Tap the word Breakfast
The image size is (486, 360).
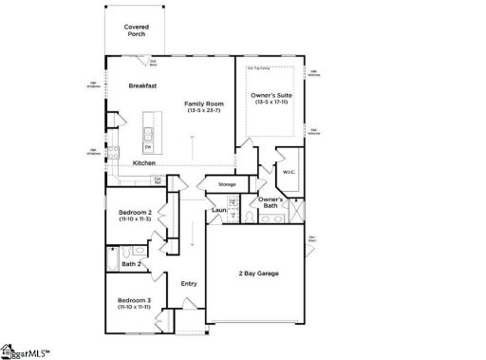pyautogui.click(x=142, y=86)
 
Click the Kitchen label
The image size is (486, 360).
pyautogui.click(x=143, y=163)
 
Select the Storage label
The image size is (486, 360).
pyautogui.click(x=227, y=184)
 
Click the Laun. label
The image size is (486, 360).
pyautogui.click(x=219, y=210)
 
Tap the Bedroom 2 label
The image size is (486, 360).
pyautogui.click(x=136, y=212)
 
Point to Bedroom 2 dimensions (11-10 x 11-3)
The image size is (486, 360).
pyautogui.click(x=136, y=219)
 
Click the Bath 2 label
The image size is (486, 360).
pyautogui.click(x=131, y=264)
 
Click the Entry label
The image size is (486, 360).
pyautogui.click(x=188, y=283)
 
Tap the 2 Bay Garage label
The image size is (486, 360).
pyautogui.click(x=258, y=273)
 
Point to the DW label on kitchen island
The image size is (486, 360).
pyautogui.click(x=148, y=146)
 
